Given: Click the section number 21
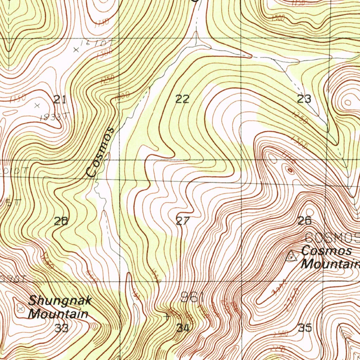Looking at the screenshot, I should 60,100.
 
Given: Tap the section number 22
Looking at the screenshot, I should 182,99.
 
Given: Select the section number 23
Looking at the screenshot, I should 304,99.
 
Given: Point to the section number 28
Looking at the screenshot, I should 61,221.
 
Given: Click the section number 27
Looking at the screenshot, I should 182,221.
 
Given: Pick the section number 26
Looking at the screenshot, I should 304,221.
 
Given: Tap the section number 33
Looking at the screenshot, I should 62,328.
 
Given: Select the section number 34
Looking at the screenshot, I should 183,328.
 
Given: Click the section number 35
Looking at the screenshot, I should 305,328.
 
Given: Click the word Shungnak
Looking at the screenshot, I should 60,301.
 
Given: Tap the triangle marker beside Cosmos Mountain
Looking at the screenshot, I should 291,256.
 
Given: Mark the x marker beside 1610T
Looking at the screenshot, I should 76,50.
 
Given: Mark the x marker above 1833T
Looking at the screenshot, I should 38,105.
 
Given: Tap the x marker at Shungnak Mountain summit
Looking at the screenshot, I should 20,308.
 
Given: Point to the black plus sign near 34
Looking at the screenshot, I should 167,316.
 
